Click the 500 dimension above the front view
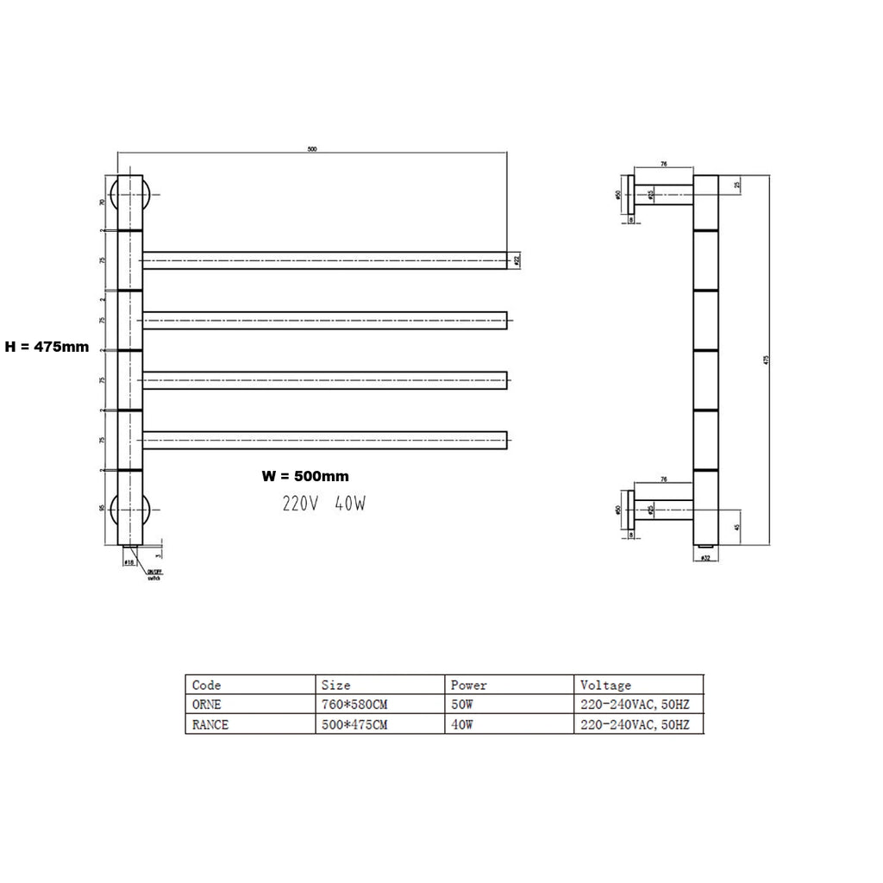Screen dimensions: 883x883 click(x=312, y=149)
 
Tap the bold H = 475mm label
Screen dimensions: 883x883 click(x=47, y=347)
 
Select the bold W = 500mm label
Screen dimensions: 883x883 click(x=305, y=476)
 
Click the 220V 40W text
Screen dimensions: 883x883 click(x=323, y=504)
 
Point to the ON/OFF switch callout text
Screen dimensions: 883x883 click(x=153, y=575)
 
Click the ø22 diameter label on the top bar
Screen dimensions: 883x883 click(x=517, y=259)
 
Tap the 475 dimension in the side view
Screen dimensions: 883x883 click(x=766, y=360)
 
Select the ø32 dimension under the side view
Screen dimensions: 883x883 click(x=705, y=559)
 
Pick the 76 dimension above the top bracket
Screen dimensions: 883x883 click(x=665, y=163)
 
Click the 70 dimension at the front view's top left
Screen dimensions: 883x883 click(x=103, y=203)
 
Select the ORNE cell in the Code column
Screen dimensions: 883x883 click(x=206, y=705)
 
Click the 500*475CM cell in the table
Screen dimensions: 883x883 click(x=354, y=725)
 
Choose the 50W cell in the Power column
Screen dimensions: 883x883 click(x=461, y=705)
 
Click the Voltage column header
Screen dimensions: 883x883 click(x=605, y=686)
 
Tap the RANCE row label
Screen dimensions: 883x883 click(x=210, y=725)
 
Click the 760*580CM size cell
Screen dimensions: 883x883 click(x=354, y=705)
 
